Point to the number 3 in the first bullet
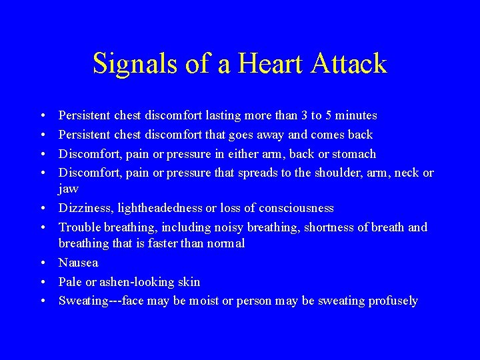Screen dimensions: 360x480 [305, 116]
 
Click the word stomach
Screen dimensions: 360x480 [353, 154]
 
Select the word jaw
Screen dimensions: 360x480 [69, 189]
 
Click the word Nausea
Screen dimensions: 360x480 [78, 263]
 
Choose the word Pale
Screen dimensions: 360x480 [69, 282]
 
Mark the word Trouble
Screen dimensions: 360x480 [79, 228]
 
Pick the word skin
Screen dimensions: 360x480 [188, 282]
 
